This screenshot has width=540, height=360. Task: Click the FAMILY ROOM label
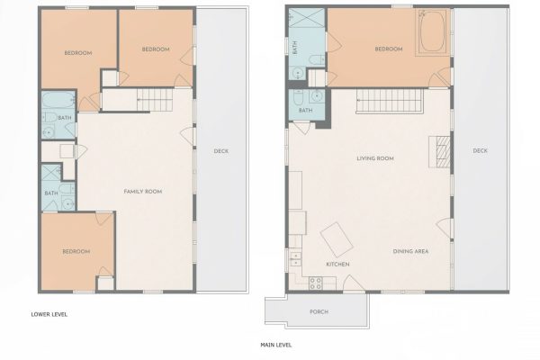pos(143,192)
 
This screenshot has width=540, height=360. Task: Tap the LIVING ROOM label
pos(375,158)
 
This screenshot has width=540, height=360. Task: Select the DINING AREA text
pos(411,251)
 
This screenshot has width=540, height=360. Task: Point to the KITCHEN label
pos(337,265)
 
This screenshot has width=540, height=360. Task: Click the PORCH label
pos(319,311)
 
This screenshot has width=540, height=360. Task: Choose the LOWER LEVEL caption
pos(49,314)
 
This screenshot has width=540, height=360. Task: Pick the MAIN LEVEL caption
pos(276,345)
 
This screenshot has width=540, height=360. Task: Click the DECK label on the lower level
pos(221,151)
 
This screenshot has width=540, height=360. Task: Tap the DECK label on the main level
pos(480,150)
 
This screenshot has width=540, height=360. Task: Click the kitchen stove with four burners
pos(316,283)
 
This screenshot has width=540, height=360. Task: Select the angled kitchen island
pos(337,239)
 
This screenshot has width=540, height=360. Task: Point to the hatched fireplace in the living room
pos(440,152)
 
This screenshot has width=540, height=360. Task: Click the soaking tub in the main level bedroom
pos(432,32)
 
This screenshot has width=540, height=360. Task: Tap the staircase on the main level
pos(390,101)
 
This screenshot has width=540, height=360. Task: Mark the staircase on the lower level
pos(155,100)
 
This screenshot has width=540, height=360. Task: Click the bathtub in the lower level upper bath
pos(58,99)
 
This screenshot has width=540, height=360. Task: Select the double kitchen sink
pos(295,259)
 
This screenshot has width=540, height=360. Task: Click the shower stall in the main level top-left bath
pos(307,18)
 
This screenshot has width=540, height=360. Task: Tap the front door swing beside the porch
pos(354,283)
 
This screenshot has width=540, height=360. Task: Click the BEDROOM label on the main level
pos(389,49)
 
